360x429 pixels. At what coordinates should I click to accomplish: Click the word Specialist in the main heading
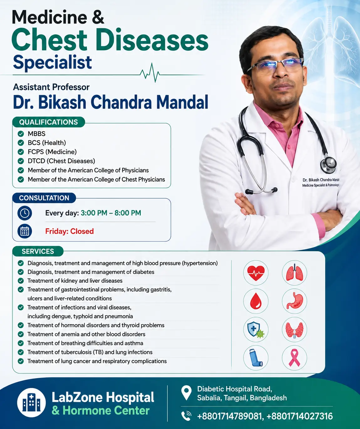[52, 62]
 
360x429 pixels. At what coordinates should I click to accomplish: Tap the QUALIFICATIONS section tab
[49, 122]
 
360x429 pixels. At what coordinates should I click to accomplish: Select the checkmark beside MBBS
[21, 134]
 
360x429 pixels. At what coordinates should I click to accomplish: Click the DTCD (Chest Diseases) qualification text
[61, 161]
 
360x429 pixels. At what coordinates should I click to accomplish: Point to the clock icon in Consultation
[25, 213]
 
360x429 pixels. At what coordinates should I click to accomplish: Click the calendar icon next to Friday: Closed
[25, 231]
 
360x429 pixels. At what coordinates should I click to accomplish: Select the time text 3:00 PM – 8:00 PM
[111, 213]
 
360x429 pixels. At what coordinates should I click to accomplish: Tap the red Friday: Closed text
[70, 231]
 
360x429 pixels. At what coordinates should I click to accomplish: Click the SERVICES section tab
[38, 251]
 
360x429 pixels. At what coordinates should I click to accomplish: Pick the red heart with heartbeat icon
[256, 273]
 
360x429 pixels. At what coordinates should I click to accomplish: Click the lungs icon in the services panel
[295, 273]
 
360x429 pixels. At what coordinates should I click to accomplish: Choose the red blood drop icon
[256, 301]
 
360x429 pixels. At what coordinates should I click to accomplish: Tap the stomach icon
[295, 301]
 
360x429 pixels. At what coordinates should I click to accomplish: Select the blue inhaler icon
[256, 358]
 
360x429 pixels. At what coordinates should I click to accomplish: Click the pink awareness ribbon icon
[295, 358]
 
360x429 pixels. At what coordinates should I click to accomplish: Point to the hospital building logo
[31, 403]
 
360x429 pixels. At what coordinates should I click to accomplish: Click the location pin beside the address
[186, 393]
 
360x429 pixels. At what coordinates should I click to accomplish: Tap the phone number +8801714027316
[300, 416]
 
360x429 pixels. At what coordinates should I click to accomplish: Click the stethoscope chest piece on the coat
[328, 165]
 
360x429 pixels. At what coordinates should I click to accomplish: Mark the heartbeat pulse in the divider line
[150, 73]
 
